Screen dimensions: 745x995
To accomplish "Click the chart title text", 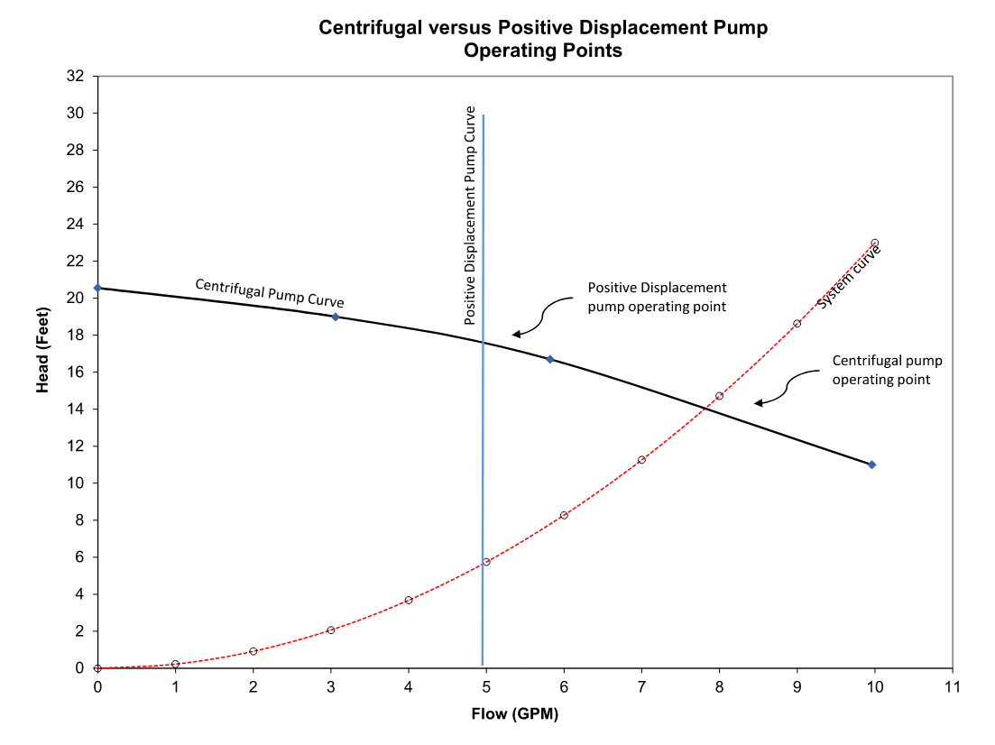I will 542,39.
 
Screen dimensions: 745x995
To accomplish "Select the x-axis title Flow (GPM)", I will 514,716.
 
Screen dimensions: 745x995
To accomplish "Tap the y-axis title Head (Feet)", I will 41,372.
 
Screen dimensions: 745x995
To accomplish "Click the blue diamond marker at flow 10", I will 871,464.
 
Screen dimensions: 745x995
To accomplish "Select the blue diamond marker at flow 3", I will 335,317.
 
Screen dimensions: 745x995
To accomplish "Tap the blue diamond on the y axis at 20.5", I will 97,288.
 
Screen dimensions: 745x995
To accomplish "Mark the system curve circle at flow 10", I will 874,243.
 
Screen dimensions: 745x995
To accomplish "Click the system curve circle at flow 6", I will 564,515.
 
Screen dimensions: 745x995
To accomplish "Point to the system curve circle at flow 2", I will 253,651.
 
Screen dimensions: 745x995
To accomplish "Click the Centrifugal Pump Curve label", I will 270,293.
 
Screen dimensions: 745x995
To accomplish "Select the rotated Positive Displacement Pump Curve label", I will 469,216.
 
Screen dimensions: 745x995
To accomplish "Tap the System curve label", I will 849,277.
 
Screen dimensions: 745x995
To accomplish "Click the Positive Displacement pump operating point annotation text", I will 657,296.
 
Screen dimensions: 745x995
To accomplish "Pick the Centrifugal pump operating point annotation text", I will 887,370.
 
